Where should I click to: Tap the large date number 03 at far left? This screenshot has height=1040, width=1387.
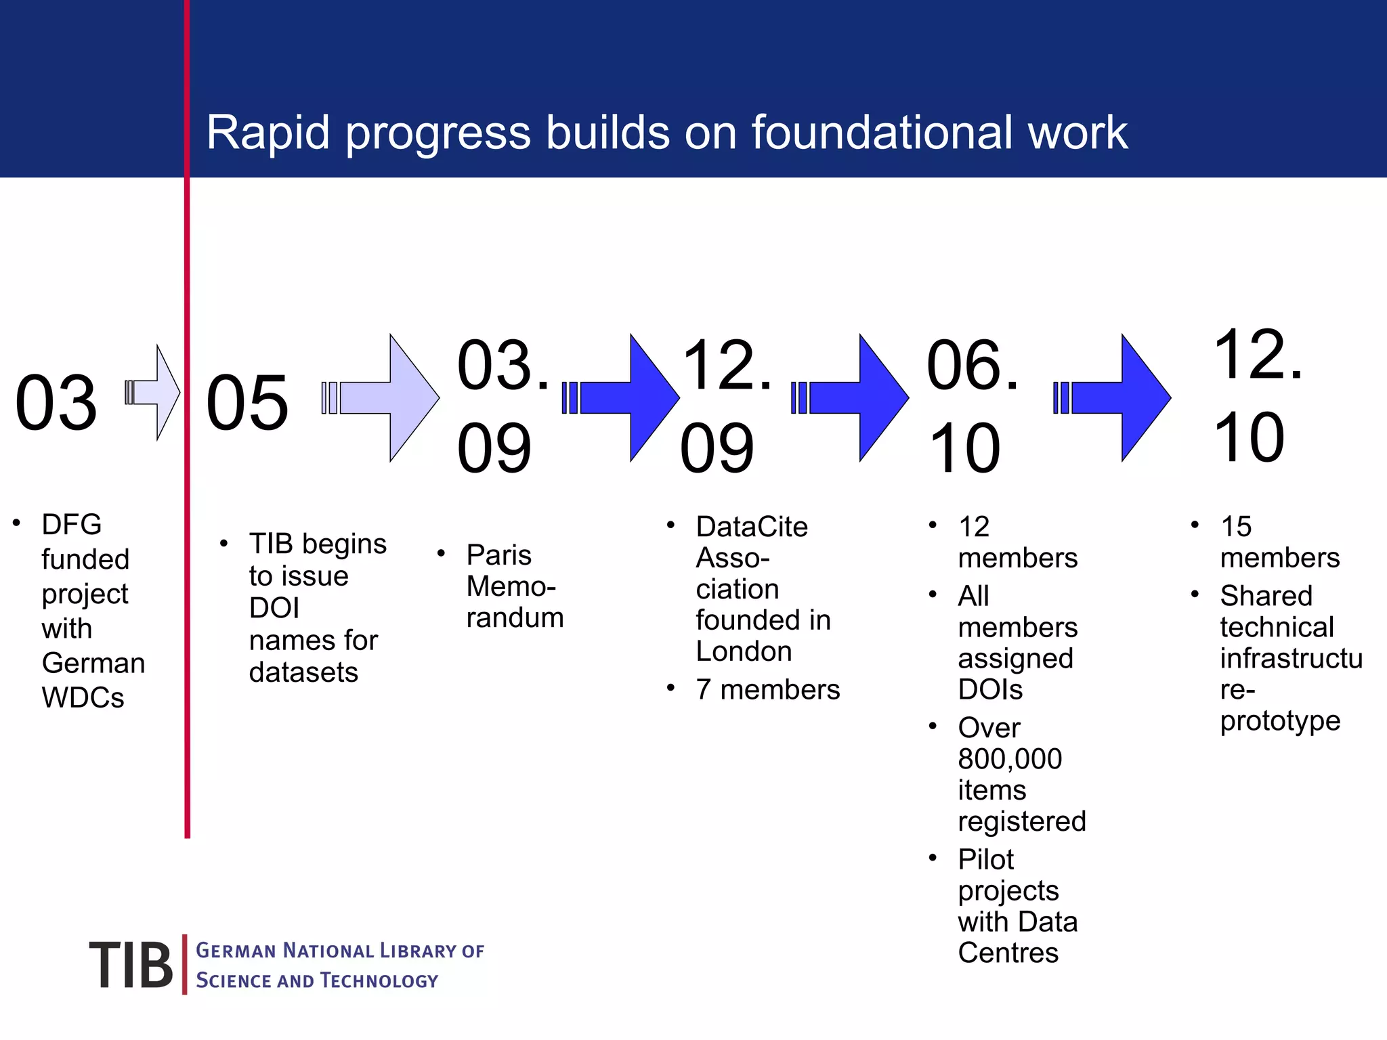coord(56,404)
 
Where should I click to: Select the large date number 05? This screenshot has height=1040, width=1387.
coord(247,404)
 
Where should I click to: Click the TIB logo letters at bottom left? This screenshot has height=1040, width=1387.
coord(131,966)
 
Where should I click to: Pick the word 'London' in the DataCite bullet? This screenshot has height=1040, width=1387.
coord(744,651)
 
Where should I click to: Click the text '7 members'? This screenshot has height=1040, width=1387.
coord(767,690)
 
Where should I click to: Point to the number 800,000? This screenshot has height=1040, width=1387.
coord(1010,759)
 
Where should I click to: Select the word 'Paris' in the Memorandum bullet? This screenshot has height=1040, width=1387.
coord(498,555)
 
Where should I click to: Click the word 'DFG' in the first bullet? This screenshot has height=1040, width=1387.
coord(71,525)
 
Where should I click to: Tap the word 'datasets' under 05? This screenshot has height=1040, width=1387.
coord(303,672)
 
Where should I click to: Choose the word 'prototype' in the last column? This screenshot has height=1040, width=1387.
coord(1280,721)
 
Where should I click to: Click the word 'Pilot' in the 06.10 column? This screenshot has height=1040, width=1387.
coord(985,860)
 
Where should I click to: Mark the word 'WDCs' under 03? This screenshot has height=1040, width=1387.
coord(83,698)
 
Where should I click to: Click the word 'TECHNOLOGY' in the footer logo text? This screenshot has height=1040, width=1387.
coord(379,980)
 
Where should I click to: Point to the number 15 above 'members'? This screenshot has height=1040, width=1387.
coord(1235,527)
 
